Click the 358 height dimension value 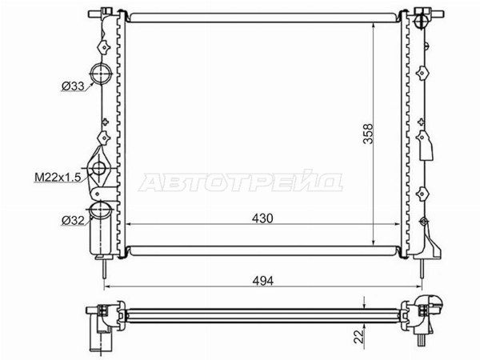(x=368, y=134)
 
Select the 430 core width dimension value (x=262, y=218)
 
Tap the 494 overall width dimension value (x=263, y=281)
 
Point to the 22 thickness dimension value (x=359, y=336)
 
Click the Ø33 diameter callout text (x=73, y=86)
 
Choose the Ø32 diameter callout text (x=73, y=221)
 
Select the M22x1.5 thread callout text (x=58, y=177)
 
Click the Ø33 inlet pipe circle (x=101, y=74)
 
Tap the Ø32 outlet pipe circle (x=100, y=210)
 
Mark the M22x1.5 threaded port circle (x=99, y=168)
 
